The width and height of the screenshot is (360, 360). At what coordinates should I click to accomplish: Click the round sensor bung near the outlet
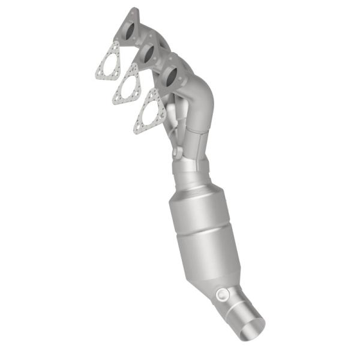tap(223, 295)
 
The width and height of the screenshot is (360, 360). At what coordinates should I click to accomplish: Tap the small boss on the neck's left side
tap(175, 154)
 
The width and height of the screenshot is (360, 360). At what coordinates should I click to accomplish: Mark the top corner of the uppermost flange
tap(134, 11)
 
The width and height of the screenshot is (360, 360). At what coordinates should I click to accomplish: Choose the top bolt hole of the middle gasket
tap(131, 68)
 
